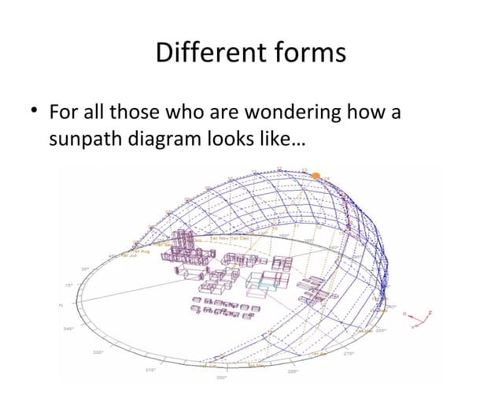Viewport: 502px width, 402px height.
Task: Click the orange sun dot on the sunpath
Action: (316, 176)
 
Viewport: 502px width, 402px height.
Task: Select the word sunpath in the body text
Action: (82, 140)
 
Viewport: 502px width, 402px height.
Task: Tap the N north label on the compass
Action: (61, 306)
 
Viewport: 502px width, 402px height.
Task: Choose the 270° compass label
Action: (349, 353)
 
